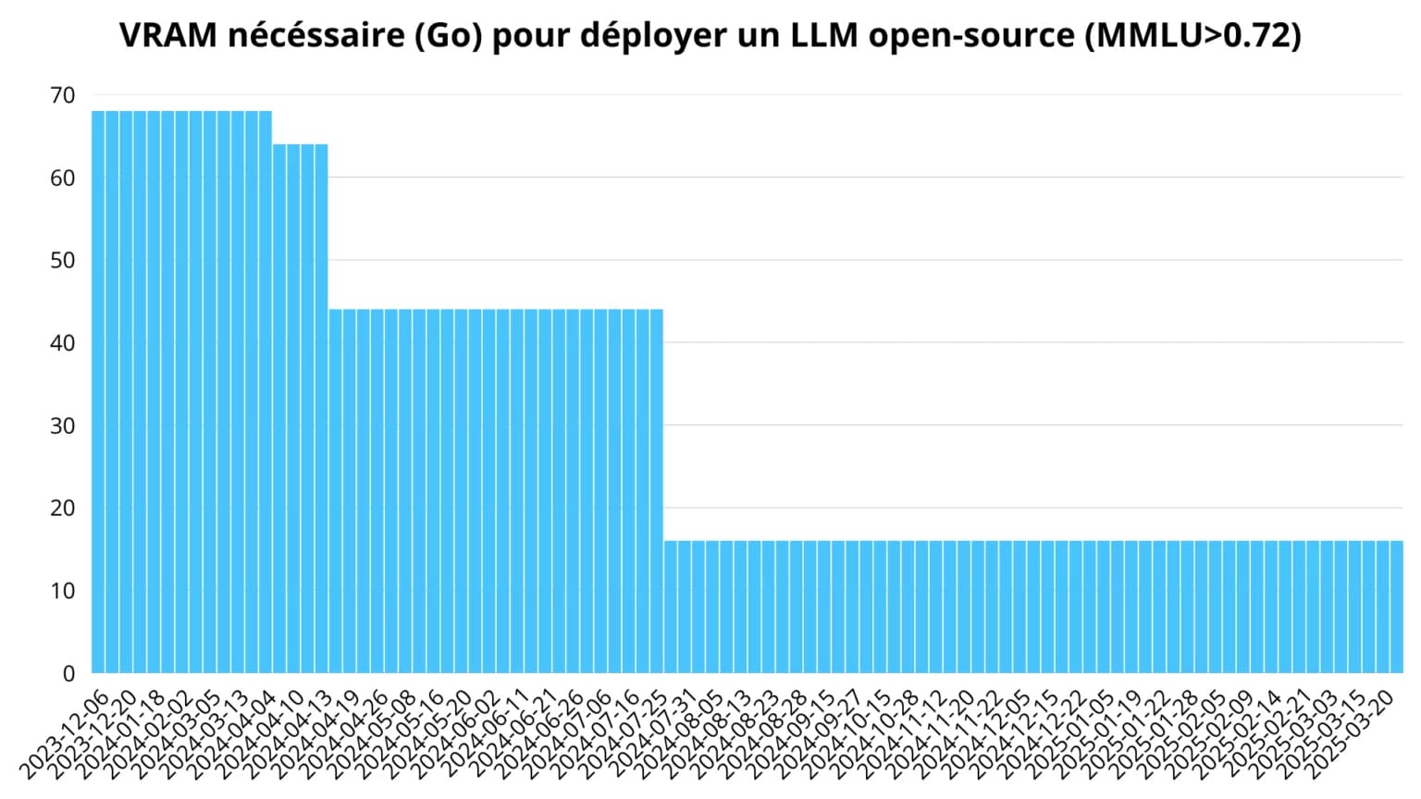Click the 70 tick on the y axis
click(x=63, y=95)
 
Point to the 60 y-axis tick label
click(x=63, y=178)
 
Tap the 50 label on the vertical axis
click(x=63, y=260)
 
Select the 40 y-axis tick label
click(x=63, y=343)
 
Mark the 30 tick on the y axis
click(x=63, y=425)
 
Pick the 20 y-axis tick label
click(x=63, y=508)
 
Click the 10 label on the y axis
click(x=63, y=591)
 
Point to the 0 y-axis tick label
click(x=68, y=673)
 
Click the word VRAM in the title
click(x=168, y=35)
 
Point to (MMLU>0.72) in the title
click(x=1192, y=35)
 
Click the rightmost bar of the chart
click(x=1396, y=607)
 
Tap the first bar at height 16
click(x=671, y=607)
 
